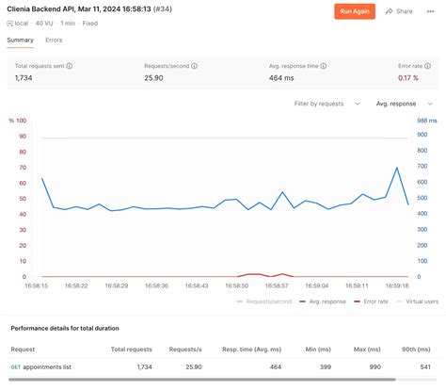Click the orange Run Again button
point(355,11)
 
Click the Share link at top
point(399,11)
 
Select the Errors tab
point(54,41)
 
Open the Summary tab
point(20,41)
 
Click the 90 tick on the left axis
point(22,137)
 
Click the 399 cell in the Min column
point(325,366)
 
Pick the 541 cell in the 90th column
point(424,366)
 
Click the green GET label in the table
point(15,366)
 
